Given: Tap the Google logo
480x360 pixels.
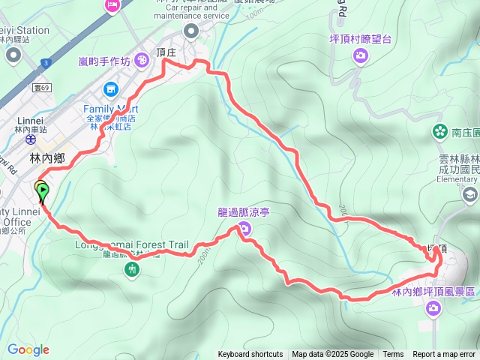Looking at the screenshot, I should [28, 349].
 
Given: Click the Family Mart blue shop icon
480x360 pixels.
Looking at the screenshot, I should [111, 89].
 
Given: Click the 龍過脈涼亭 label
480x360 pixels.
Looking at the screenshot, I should [243, 213].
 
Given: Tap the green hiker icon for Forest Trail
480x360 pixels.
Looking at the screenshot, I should [133, 268].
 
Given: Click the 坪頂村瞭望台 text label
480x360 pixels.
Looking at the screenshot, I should [360, 38].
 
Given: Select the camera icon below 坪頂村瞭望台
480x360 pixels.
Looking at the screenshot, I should [361, 55].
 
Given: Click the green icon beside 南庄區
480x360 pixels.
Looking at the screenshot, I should [439, 132].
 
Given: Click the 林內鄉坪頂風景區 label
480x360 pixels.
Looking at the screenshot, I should [433, 292].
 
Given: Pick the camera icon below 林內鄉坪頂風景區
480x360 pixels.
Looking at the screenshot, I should [433, 307].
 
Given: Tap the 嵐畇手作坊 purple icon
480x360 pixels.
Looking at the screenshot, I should [140, 61].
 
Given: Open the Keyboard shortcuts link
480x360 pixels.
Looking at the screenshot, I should [250, 355].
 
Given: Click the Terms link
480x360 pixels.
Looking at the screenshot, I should [393, 355].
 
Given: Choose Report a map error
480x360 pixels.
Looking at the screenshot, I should [444, 355].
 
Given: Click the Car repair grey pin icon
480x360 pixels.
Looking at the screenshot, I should [190, 31].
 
